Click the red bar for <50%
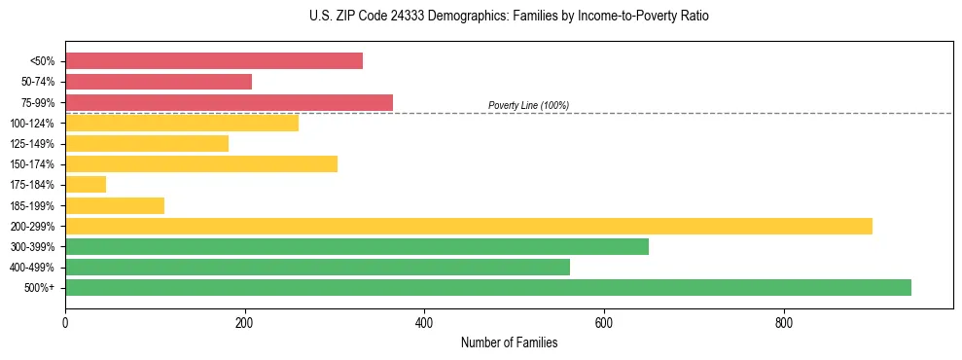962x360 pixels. click(214, 61)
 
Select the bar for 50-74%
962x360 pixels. click(159, 82)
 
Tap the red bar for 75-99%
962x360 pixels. click(229, 102)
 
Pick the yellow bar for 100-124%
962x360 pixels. click(182, 123)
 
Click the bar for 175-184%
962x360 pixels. click(86, 184)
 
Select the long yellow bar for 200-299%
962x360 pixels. click(469, 226)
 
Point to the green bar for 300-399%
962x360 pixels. click(357, 246)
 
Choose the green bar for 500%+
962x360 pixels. click(488, 287)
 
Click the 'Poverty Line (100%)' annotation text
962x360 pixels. click(528, 105)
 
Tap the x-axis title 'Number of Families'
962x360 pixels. click(509, 342)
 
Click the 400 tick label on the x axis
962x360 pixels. click(424, 323)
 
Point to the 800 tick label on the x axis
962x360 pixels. click(784, 323)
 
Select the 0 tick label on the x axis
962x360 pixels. click(65, 323)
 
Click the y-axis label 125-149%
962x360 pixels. click(32, 144)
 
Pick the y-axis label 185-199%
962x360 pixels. click(32, 205)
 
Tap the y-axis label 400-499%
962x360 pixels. click(32, 268)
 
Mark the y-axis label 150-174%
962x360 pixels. click(32, 164)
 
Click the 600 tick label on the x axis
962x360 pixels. click(604, 323)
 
